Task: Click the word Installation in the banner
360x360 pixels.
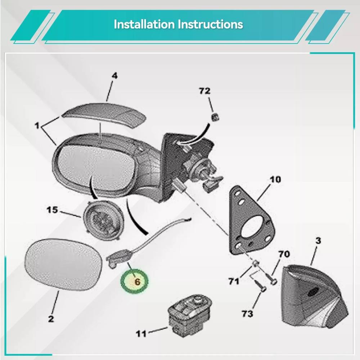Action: pos(144,24)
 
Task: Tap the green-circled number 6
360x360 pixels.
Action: pos(137,282)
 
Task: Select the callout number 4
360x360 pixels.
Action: pos(114,76)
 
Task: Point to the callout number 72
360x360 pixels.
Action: pos(204,91)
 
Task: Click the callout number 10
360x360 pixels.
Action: pos(275,179)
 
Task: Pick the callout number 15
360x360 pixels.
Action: pos(52,210)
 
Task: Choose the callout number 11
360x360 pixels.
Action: pos(141,334)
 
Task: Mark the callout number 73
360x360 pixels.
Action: pos(247,314)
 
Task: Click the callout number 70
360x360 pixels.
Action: pos(284,254)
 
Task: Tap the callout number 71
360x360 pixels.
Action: pos(234,281)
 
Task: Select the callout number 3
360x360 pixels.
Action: pos(318,240)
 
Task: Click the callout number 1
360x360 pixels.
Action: pos(37,126)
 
